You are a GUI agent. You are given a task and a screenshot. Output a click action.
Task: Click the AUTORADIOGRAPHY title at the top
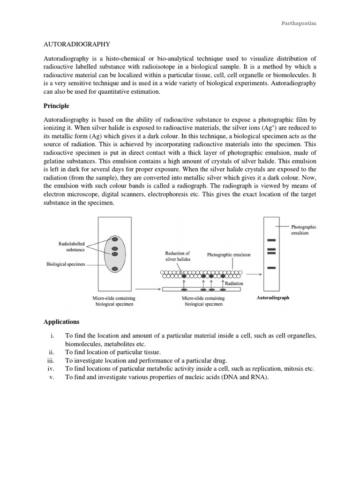pos(77,44)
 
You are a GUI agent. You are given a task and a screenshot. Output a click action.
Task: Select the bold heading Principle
pos(56,106)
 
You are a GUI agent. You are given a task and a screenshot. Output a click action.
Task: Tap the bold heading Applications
pos(61,322)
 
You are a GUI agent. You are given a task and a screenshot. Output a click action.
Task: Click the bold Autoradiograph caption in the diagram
pos(273,298)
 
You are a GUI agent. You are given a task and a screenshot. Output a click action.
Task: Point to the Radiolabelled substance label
pos(72,247)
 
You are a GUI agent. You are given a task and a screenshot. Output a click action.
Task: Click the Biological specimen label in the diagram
pos(66,264)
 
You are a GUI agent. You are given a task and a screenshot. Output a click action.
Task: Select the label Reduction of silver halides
pos(178,256)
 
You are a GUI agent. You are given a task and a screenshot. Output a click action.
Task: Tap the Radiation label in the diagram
pos(234,284)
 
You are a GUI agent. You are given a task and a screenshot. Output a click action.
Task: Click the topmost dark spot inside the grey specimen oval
pos(114,240)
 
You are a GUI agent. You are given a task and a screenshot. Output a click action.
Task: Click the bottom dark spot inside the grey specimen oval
pos(114,269)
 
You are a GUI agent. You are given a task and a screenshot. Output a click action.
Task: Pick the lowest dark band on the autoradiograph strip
pos(271,268)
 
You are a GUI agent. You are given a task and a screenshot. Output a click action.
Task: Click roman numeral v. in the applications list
pos(52,377)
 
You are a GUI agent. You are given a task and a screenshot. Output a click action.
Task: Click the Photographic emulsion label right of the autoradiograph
pos(304,230)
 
